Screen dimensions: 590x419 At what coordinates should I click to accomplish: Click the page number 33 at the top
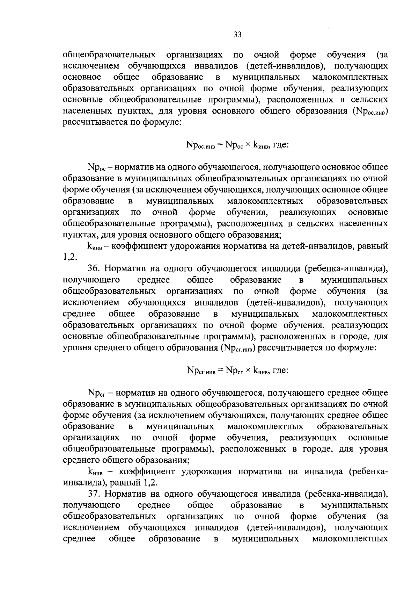(x=237, y=35)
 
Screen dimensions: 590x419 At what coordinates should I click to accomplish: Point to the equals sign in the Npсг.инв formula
(x=220, y=370)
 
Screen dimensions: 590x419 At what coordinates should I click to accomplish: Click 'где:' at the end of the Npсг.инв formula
(x=280, y=370)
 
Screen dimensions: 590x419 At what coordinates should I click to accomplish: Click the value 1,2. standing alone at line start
(x=69, y=258)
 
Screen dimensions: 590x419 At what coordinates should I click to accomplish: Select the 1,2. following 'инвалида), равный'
(x=150, y=483)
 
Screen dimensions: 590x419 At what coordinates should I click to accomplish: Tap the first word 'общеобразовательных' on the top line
(x=109, y=55)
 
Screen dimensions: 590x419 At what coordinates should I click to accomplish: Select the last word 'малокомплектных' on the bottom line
(x=350, y=539)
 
